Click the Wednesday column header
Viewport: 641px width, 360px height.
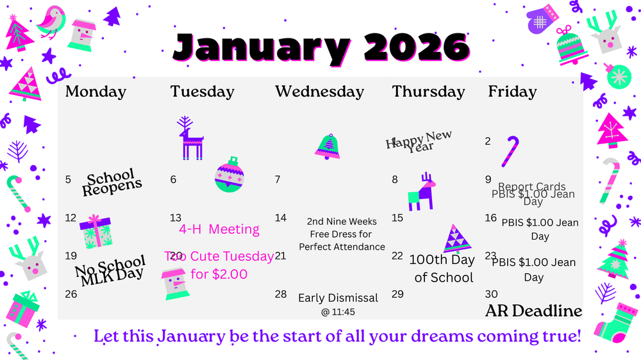(x=319, y=92)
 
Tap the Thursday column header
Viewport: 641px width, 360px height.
(x=428, y=92)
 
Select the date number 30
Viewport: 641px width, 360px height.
(x=492, y=294)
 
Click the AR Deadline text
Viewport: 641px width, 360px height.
(x=533, y=311)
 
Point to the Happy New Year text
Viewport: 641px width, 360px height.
(x=419, y=140)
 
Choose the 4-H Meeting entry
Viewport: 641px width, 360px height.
(x=219, y=229)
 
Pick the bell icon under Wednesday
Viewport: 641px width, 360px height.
(x=328, y=147)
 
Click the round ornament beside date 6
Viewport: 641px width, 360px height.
(x=229, y=175)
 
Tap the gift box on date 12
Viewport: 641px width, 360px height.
(x=96, y=232)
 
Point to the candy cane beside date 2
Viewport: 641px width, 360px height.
(x=510, y=151)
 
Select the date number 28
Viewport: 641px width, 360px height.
(x=281, y=294)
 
